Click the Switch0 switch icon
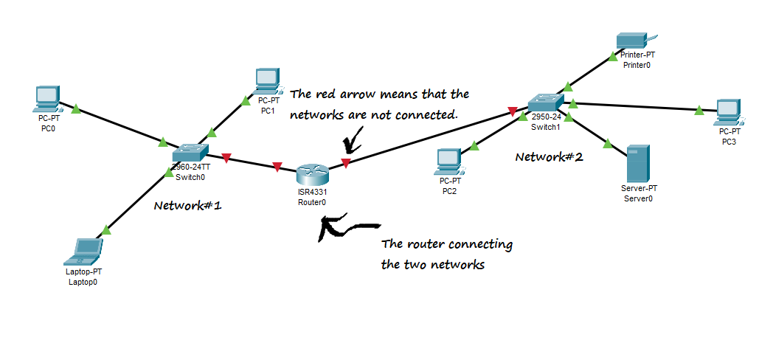tap(190, 151)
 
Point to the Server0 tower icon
tap(637, 164)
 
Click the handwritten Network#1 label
tap(187, 206)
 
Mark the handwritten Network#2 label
tap(549, 157)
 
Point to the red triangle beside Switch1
tap(511, 112)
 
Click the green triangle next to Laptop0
tap(106, 230)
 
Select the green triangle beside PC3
tap(699, 111)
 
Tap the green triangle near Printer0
tap(613, 54)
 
